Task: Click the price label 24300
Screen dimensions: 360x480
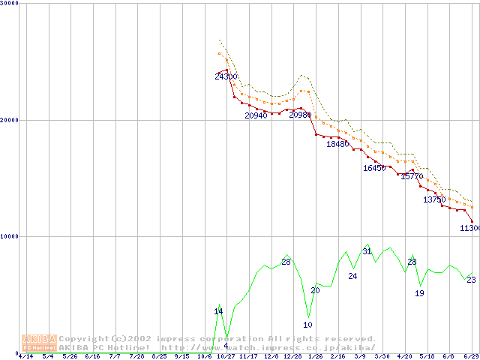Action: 226,76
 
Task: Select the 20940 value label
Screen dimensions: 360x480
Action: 256,115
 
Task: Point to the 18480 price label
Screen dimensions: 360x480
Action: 337,144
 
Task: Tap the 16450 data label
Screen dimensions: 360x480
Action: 373,168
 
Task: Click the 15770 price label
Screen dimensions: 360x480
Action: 412,176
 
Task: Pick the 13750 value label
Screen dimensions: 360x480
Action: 433,199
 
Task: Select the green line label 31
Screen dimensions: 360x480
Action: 367,251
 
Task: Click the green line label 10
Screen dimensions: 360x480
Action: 307,325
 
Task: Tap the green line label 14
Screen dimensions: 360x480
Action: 218,311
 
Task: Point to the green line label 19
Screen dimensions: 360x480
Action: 419,293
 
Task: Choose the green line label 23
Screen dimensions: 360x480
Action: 471,280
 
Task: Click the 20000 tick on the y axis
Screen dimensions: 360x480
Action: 10,120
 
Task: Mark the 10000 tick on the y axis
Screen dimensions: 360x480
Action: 10,236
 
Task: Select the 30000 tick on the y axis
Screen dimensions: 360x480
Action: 10,4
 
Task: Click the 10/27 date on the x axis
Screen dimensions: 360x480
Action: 226,357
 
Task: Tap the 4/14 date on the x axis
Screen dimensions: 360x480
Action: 25,357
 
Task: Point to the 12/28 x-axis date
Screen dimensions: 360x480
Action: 293,357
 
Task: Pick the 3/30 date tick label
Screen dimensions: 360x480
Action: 382,357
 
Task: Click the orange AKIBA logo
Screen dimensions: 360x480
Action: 39,343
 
